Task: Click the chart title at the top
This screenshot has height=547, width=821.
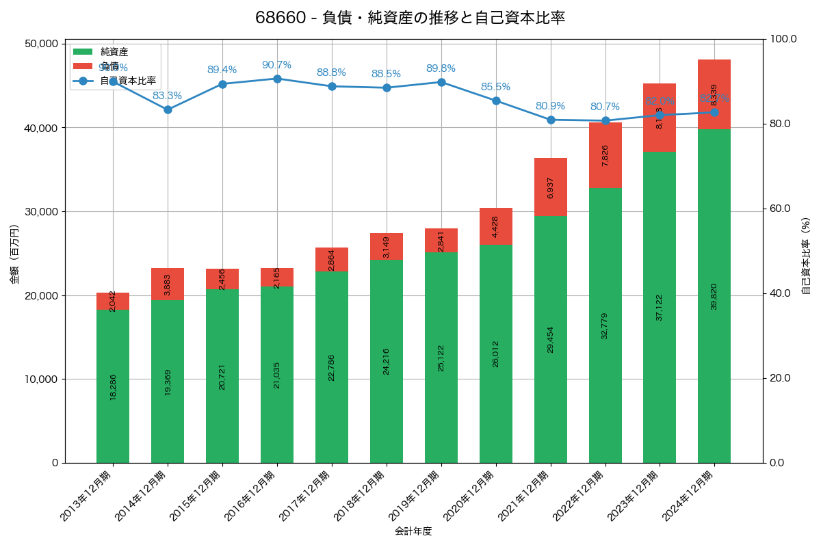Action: [x=410, y=18]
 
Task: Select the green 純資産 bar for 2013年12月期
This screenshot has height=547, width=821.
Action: [x=113, y=386]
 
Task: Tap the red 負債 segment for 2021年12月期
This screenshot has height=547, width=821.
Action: [x=551, y=187]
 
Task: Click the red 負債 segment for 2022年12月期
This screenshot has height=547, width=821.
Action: [x=605, y=155]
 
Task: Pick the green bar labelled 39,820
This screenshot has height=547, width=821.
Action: [x=714, y=296]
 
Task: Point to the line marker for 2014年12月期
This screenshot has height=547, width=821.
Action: [x=168, y=109]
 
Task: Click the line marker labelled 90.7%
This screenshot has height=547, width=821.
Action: [x=277, y=79]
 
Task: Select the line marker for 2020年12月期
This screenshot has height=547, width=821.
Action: [x=496, y=101]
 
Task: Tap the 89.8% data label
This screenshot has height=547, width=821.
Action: [x=441, y=68]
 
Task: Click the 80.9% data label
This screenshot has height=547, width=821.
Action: [x=550, y=106]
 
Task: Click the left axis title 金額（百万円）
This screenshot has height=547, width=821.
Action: [x=14, y=254]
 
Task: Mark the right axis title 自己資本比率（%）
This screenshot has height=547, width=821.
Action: [x=805, y=256]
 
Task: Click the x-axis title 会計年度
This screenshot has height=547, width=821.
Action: [x=413, y=531]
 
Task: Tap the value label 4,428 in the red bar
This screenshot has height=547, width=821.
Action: [x=496, y=226]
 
